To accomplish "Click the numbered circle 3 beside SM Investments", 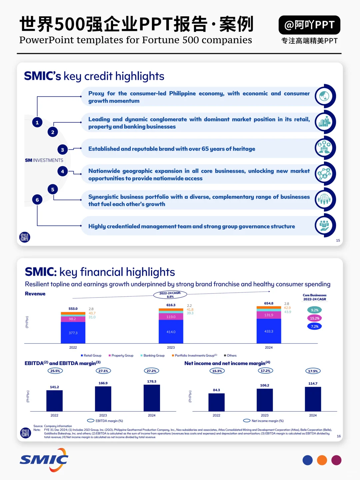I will [62, 150].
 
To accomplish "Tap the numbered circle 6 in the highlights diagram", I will [37, 200].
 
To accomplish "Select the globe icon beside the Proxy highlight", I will [325, 96].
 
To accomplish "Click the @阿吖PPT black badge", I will [309, 25].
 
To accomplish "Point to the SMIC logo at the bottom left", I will [44, 460].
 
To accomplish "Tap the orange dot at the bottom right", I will [322, 460].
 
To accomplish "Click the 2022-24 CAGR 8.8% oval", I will [170, 295].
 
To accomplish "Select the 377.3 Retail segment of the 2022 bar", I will [73, 333].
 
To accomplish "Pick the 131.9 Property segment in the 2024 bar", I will [269, 315].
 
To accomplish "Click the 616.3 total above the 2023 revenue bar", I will [171, 305].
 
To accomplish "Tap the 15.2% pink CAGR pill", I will [314, 318].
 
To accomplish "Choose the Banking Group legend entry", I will [152, 356].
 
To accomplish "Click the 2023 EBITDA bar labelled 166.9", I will [103, 399].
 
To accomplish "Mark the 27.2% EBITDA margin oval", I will [151, 371].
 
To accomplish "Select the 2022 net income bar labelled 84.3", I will [216, 402].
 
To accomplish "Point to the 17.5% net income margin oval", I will [313, 371].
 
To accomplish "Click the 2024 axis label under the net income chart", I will [313, 415].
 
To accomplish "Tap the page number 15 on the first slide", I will [338, 240].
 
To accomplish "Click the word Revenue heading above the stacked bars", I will [35, 294].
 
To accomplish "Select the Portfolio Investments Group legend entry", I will [194, 356].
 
